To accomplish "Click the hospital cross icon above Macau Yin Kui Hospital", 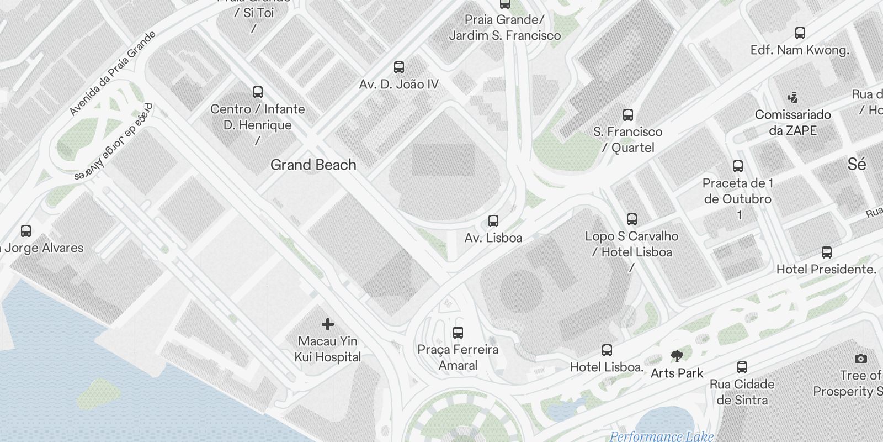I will tap(328, 324).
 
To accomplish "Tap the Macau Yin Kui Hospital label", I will tap(328, 349).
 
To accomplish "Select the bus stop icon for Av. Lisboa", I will tap(493, 222).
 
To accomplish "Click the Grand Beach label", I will tap(313, 165).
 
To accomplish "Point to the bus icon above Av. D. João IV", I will tap(399, 67).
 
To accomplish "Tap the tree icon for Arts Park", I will tap(677, 356).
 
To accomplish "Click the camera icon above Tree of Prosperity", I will tap(860, 359).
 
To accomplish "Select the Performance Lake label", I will tap(661, 436).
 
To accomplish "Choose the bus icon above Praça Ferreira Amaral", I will tap(458, 333).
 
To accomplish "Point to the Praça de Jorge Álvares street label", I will tap(114, 143).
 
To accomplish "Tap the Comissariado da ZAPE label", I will tap(793, 123).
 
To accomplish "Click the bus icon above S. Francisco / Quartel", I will tap(627, 115).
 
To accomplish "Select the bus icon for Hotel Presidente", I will tap(826, 252).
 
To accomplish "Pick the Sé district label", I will tap(857, 164).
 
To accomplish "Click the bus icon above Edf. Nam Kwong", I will tap(800, 33).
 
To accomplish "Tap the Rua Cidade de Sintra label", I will tap(742, 392).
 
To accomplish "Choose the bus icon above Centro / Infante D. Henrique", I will tap(257, 92).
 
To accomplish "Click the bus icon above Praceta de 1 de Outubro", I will tap(737, 166).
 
